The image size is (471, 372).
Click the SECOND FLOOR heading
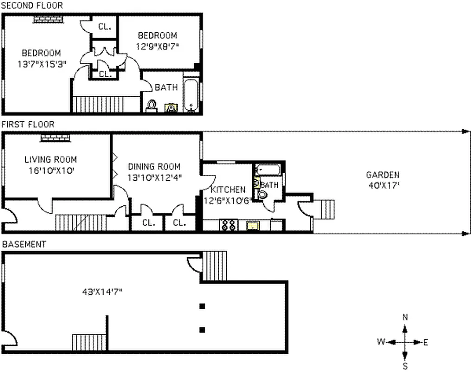point(32,6)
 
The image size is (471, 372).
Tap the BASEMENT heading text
point(24,244)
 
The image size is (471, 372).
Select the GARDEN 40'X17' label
point(382,179)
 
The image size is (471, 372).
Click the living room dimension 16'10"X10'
point(50,170)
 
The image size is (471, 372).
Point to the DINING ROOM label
point(154,166)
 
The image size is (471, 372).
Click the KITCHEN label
point(228,190)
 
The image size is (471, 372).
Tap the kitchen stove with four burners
point(228,225)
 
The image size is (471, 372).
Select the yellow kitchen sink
point(252,226)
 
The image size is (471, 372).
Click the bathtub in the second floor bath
point(191,95)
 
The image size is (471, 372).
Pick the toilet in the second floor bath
point(151,106)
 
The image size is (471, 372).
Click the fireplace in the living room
point(55,138)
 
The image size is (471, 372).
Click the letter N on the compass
point(405,317)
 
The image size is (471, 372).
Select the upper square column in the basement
point(202,306)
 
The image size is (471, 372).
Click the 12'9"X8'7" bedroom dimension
point(158,46)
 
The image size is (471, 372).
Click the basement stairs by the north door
point(215,266)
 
